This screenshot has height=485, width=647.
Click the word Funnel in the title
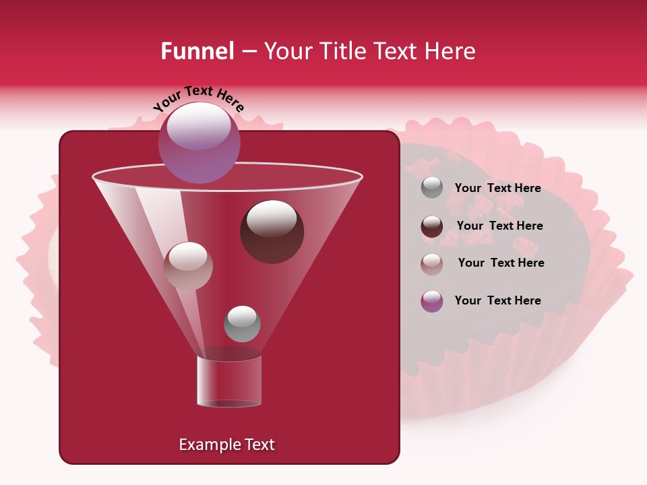tap(197, 51)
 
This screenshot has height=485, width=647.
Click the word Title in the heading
tap(341, 51)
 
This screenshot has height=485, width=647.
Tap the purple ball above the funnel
tap(199, 143)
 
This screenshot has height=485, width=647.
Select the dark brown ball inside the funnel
tap(272, 232)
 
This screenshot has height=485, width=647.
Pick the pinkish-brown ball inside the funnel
tap(188, 265)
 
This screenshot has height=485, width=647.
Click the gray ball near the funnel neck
tap(242, 323)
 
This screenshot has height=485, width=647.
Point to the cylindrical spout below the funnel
tap(229, 381)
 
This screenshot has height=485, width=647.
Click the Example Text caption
tap(226, 445)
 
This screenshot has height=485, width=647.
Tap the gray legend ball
tap(432, 188)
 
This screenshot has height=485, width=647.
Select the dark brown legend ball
tap(432, 226)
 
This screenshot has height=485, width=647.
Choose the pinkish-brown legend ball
tap(432, 263)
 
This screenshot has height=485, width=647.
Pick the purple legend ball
tap(432, 301)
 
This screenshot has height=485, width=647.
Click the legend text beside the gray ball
tap(497, 189)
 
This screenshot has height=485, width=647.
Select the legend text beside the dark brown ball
tap(499, 226)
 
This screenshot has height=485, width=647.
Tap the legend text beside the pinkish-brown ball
tap(501, 263)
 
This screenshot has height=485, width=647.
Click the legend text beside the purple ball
tap(497, 300)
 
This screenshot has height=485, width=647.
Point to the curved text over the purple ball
tap(199, 96)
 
